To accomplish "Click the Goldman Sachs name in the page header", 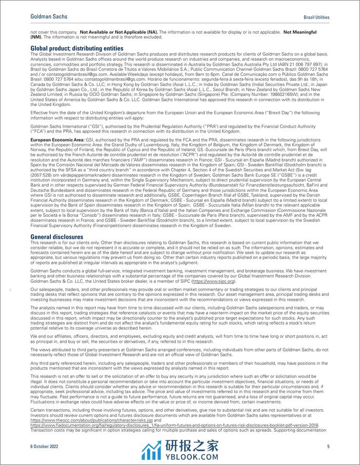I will [49, 9].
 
